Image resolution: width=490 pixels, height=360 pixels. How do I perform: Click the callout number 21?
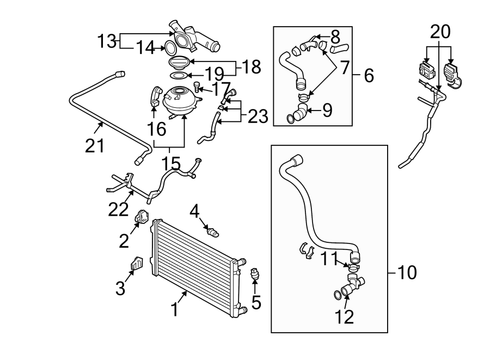(95, 145)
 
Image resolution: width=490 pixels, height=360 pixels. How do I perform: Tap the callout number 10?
(407, 272)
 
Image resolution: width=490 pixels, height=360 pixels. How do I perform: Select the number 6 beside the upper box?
(369, 75)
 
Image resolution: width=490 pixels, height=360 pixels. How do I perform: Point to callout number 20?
(440, 32)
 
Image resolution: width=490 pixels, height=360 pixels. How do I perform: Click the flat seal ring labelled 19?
(179, 75)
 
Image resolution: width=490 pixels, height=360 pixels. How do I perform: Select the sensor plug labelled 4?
(213, 233)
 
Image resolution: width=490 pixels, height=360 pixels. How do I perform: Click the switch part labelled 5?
(255, 273)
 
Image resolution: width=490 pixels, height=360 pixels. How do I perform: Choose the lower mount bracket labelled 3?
(136, 263)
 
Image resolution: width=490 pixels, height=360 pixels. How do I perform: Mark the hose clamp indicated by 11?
(353, 267)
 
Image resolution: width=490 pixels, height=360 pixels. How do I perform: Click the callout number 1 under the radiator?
(175, 309)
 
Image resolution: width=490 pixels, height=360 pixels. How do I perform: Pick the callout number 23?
(258, 116)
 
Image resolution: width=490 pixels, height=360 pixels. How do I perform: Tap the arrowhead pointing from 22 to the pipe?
(132, 192)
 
